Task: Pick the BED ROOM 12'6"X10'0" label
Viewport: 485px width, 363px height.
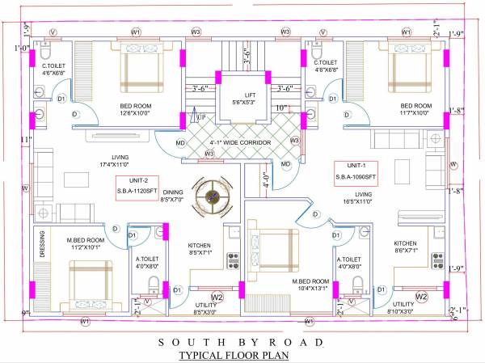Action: (137, 108)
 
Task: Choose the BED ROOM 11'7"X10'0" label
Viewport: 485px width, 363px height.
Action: (416, 109)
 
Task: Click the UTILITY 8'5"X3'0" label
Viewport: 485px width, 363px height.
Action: (206, 308)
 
